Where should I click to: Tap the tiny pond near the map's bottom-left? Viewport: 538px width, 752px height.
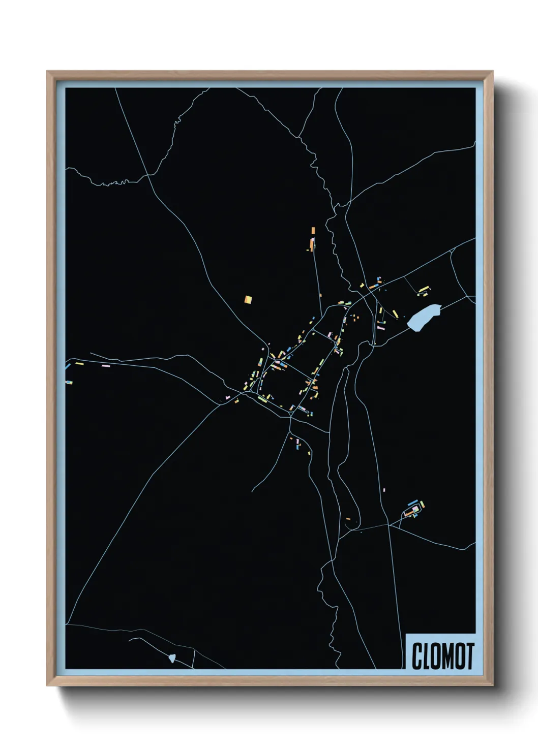[172, 658]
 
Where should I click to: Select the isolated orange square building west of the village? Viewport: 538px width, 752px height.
[248, 299]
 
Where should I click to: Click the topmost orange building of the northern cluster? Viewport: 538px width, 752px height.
[313, 230]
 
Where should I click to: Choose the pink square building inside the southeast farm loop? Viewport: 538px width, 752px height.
[415, 509]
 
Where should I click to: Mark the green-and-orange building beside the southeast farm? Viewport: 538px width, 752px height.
[422, 505]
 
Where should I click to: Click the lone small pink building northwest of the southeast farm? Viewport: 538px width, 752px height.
[384, 490]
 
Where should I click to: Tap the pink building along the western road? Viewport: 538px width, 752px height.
[106, 365]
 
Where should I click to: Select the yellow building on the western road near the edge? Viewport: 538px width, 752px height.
[79, 363]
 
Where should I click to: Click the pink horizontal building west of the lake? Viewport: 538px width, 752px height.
[381, 329]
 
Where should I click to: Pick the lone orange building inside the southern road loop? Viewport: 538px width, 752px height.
[348, 519]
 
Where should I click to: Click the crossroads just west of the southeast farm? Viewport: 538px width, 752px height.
[389, 524]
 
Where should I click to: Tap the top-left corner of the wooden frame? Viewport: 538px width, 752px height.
[48, 72]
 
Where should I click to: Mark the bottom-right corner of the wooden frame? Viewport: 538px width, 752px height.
[492, 684]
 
